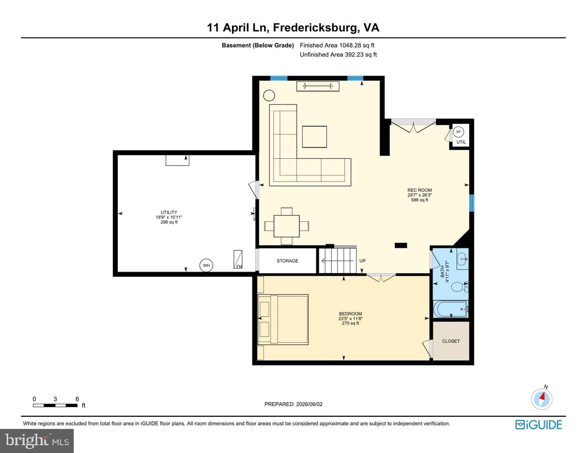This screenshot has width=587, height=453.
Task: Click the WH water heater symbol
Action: (x=206, y=265)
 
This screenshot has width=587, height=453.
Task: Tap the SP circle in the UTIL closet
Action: (x=458, y=132)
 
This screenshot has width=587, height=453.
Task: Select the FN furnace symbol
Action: (x=238, y=259)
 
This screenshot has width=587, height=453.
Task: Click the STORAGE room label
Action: (x=287, y=261)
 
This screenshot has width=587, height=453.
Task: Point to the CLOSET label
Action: (x=450, y=341)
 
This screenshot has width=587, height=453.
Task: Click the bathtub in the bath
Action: (x=450, y=309)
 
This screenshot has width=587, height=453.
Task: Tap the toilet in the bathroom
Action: (x=460, y=287)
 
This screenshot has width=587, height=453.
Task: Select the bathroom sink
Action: (x=462, y=259)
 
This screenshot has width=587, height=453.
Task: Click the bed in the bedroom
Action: (x=283, y=320)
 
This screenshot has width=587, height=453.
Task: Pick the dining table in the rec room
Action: (x=286, y=226)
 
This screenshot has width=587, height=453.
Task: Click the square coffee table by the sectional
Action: (x=314, y=137)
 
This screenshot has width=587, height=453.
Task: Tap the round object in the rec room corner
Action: (x=269, y=96)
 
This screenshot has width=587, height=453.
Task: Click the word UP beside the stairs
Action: (x=362, y=261)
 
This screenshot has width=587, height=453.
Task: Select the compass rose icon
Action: (x=542, y=399)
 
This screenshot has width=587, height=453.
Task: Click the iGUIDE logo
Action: (x=538, y=425)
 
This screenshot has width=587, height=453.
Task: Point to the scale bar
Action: (x=55, y=405)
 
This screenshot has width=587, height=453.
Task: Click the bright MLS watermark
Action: (x=37, y=441)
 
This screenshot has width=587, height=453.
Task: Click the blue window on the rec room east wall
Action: (x=471, y=203)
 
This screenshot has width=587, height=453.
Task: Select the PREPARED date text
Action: (x=293, y=404)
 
